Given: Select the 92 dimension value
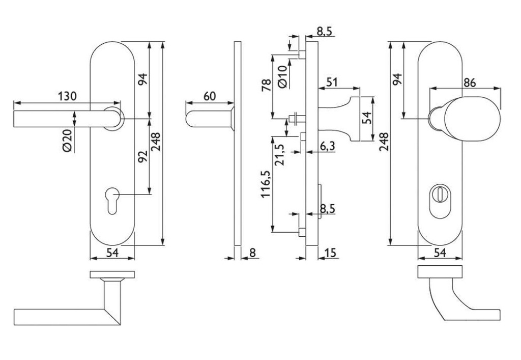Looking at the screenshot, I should pos(143,157).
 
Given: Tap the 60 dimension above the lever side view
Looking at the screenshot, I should pos(210,96).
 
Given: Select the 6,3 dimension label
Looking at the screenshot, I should pos(327,147).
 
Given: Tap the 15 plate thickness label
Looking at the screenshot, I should pos(330,252).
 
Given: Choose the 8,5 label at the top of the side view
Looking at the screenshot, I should pos(325,32).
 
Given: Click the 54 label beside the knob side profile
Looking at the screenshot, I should pos(366,118).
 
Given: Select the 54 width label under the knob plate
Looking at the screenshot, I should pos(440,252).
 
